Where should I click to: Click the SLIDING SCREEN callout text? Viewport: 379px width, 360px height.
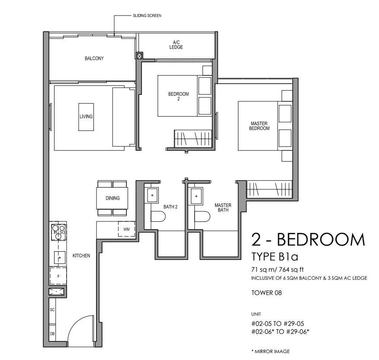(147, 16)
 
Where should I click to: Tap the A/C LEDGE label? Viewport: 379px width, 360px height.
(176, 45)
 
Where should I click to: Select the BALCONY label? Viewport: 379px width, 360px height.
(94, 58)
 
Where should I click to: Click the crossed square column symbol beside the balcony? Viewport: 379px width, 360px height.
(139, 56)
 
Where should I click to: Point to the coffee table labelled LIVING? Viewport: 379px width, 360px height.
(86, 117)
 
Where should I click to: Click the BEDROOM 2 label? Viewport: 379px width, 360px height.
(178, 96)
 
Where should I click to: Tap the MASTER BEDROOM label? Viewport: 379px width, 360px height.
(259, 126)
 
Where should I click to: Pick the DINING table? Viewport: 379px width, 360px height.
(112, 198)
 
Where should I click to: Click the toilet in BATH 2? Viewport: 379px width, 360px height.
(158, 216)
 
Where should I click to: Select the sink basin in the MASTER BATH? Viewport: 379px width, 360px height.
(196, 196)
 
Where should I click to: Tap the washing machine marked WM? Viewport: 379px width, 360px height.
(126, 229)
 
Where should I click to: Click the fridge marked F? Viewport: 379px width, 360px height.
(58, 276)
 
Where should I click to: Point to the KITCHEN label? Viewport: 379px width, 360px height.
(81, 256)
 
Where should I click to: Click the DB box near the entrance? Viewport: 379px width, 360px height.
(52, 334)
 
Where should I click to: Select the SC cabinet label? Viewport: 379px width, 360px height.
(52, 310)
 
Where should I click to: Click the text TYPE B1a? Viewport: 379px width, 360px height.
(275, 256)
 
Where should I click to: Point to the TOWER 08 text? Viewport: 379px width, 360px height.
(267, 293)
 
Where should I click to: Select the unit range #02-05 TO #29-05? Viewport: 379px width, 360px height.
(278, 324)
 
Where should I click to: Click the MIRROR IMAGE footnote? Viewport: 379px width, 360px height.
(270, 351)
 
